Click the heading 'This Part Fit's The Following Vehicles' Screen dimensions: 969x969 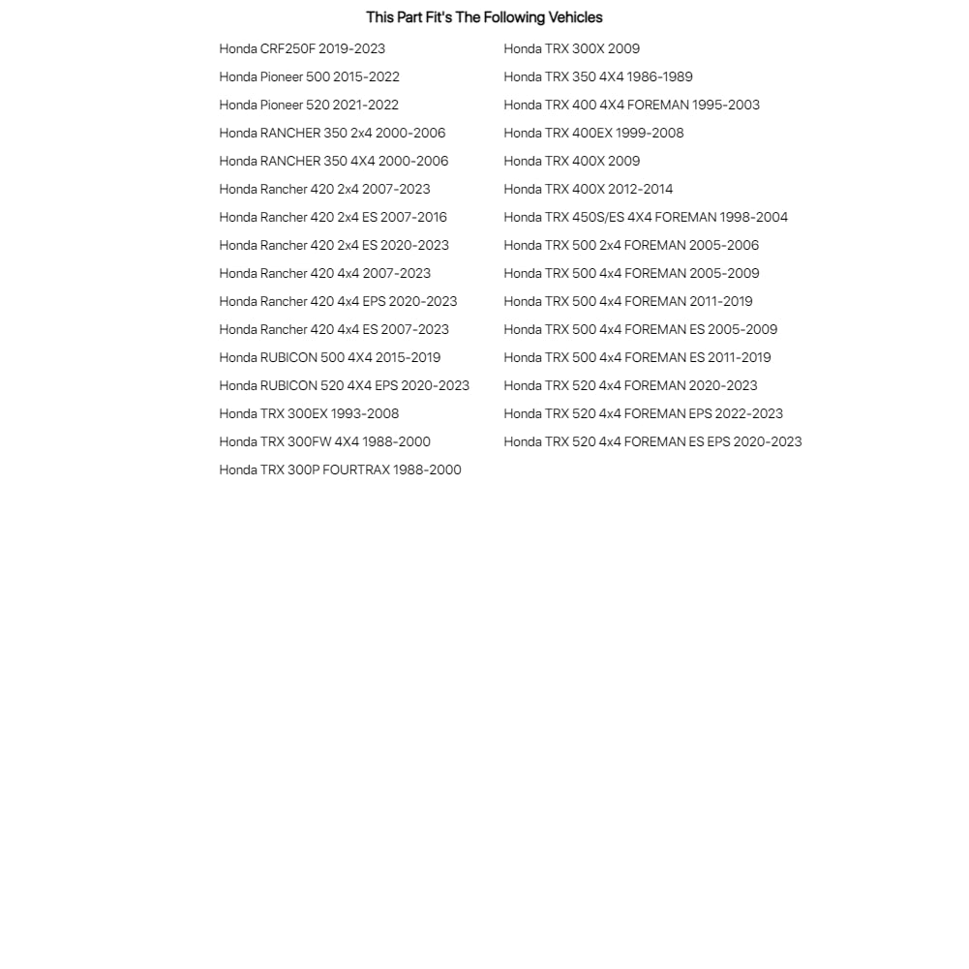(484, 17)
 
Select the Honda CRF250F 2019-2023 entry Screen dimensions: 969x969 (302, 48)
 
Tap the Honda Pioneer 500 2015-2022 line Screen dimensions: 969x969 (309, 76)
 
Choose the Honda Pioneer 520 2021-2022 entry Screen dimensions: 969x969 (309, 105)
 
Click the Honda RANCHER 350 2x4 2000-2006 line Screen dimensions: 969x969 (332, 133)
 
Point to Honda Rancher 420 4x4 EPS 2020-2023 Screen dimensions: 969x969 (338, 301)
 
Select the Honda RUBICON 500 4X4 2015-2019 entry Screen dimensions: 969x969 (329, 357)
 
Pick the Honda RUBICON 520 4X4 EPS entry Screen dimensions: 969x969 (344, 385)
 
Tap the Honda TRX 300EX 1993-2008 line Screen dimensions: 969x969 (309, 413)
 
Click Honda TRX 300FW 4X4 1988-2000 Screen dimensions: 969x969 (324, 441)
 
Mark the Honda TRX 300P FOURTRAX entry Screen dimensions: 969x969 (340, 469)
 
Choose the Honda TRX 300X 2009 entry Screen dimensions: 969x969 (571, 48)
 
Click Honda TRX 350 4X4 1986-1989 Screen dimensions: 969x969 (598, 76)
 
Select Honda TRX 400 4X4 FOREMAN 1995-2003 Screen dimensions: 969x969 (631, 105)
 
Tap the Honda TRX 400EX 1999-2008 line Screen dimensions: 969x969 (593, 133)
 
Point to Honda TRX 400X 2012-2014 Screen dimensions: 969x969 (588, 189)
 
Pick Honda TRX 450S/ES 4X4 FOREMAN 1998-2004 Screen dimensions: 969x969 (646, 217)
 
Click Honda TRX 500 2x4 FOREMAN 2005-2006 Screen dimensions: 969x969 (631, 245)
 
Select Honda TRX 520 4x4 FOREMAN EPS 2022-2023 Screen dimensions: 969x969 (643, 413)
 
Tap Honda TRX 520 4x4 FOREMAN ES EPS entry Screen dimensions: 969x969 (652, 441)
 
